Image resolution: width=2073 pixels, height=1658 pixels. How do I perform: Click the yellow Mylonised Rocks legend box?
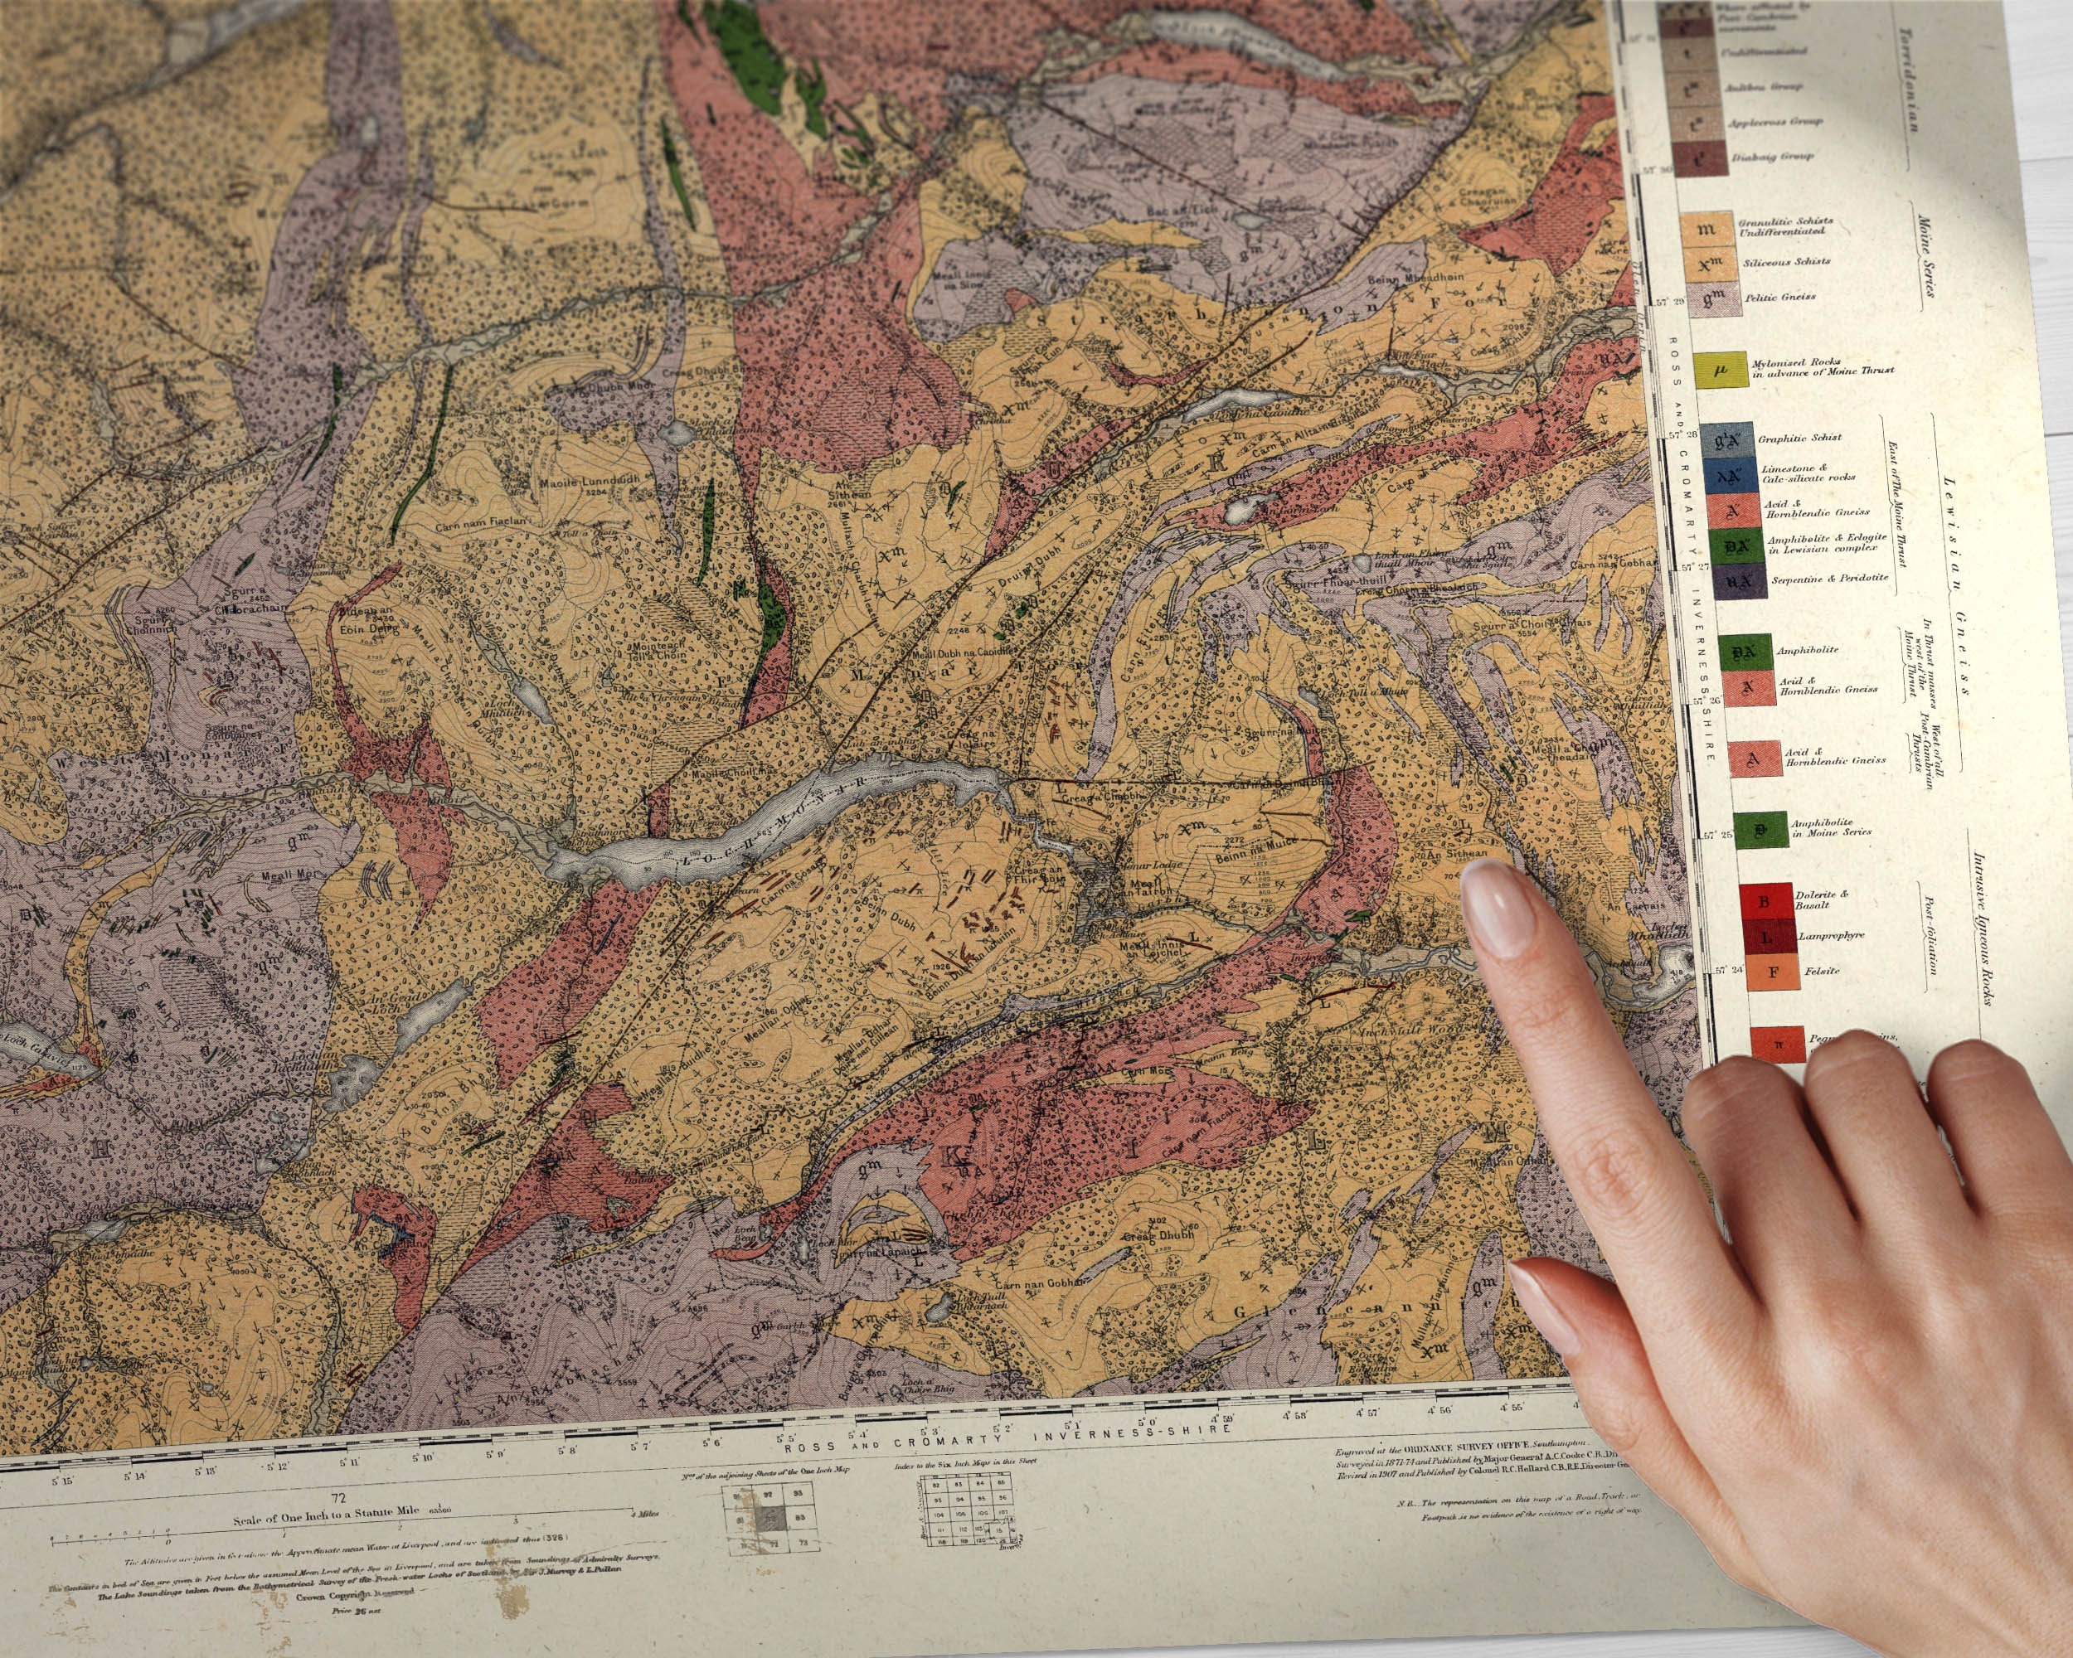tap(1720, 370)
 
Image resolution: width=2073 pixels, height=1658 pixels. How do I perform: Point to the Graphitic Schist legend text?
tap(1799, 439)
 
